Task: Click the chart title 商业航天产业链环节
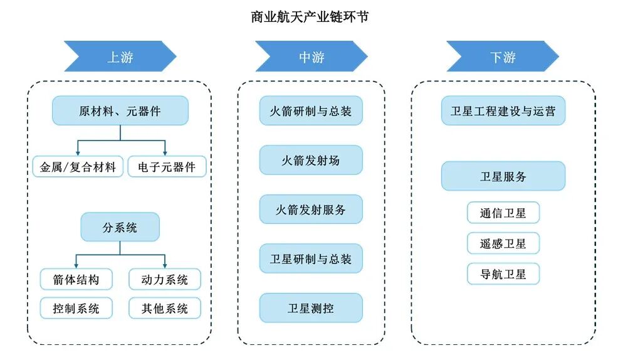tap(311, 17)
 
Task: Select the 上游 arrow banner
tap(120, 56)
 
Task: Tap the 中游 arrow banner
tap(311, 56)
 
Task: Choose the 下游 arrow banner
tap(502, 56)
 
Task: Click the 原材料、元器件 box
tap(120, 110)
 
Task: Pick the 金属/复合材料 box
tap(77, 167)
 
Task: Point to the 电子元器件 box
tap(166, 167)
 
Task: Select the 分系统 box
tap(120, 227)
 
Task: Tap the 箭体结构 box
tap(76, 279)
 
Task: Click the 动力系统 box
tap(165, 279)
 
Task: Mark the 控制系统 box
tap(76, 308)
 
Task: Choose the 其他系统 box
tap(165, 308)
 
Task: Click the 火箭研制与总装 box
tap(311, 110)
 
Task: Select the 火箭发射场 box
tap(311, 160)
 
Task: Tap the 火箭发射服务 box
tap(311, 209)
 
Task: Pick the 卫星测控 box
tap(311, 308)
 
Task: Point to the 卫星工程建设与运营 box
tap(503, 111)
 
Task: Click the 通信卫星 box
tap(503, 213)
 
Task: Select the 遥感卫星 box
tap(503, 243)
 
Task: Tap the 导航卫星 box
tap(503, 273)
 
